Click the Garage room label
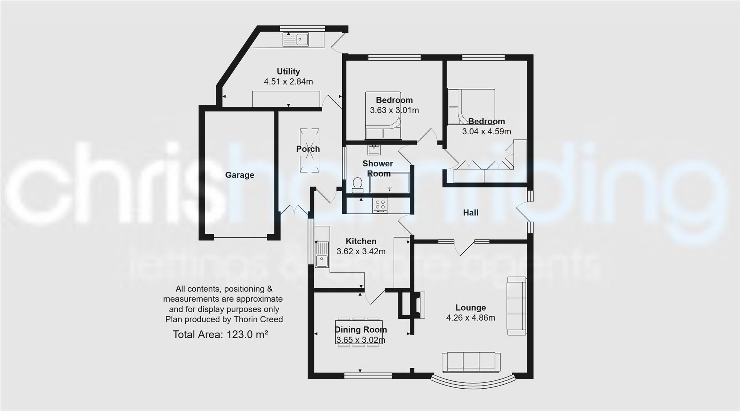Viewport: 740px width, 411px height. pyautogui.click(x=239, y=175)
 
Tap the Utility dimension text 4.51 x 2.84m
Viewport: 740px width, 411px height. pyautogui.click(x=288, y=81)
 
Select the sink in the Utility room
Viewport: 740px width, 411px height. pyautogui.click(x=296, y=39)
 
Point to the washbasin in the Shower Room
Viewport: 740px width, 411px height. pyautogui.click(x=373, y=149)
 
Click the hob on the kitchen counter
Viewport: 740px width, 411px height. pyautogui.click(x=380, y=205)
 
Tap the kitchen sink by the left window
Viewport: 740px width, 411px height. pyautogui.click(x=321, y=254)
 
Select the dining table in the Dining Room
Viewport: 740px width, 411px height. pyautogui.click(x=359, y=332)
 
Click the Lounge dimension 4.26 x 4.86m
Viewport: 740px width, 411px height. pyautogui.click(x=471, y=318)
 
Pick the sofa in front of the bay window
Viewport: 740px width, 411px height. pyautogui.click(x=471, y=362)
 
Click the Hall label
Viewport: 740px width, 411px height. pyautogui.click(x=471, y=213)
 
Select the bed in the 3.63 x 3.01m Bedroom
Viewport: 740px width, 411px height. pyautogui.click(x=383, y=115)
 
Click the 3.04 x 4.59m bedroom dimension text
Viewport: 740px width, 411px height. pyautogui.click(x=486, y=131)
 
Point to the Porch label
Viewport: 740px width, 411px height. pyautogui.click(x=308, y=149)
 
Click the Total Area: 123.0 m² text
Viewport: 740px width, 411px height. pyautogui.click(x=220, y=334)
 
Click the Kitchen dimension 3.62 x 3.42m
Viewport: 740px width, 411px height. pyautogui.click(x=361, y=251)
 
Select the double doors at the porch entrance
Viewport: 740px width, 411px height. pyautogui.click(x=294, y=210)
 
